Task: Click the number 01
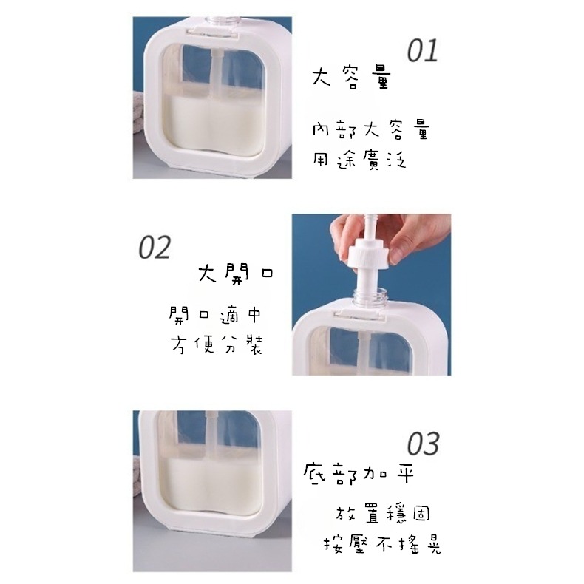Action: [x=423, y=50]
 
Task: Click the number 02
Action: [x=155, y=246]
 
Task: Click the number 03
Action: [x=424, y=444]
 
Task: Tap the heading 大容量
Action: [x=350, y=78]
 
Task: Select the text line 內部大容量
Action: [x=370, y=132]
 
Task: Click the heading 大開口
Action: [x=236, y=274]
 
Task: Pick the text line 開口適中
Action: [x=215, y=316]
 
